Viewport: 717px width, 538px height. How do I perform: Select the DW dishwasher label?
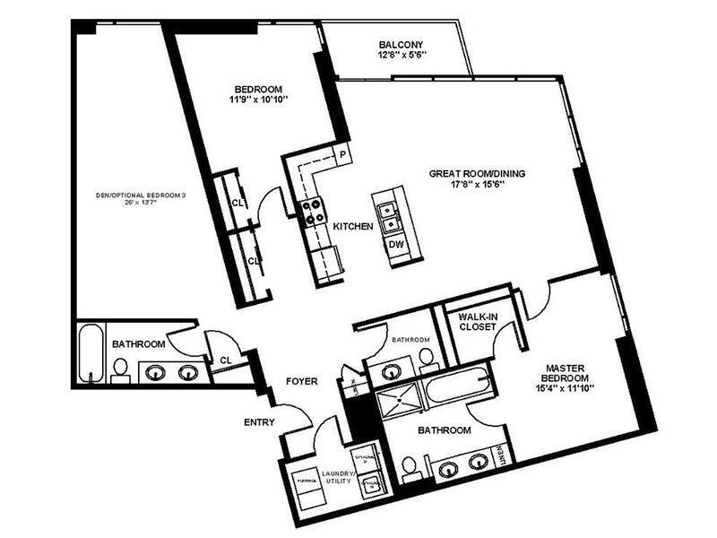[x=393, y=243]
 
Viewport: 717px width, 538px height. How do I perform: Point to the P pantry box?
[x=342, y=153]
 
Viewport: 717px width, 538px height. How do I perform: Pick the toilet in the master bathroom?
[x=409, y=466]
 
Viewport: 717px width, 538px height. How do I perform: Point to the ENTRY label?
[x=258, y=421]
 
